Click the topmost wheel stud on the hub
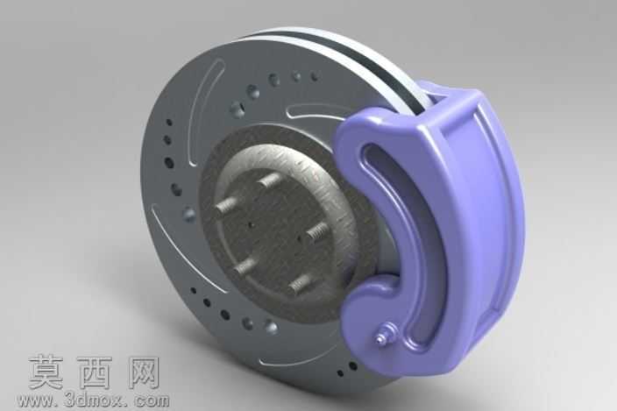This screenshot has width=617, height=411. pos(270,181)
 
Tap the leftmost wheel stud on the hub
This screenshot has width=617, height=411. pos(226,204)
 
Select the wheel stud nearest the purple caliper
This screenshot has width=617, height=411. pos(317,230)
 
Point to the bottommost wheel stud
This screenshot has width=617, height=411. pos(301,284)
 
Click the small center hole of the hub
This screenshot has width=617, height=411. pos(251,225)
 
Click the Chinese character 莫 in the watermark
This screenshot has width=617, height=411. pos(46,372)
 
